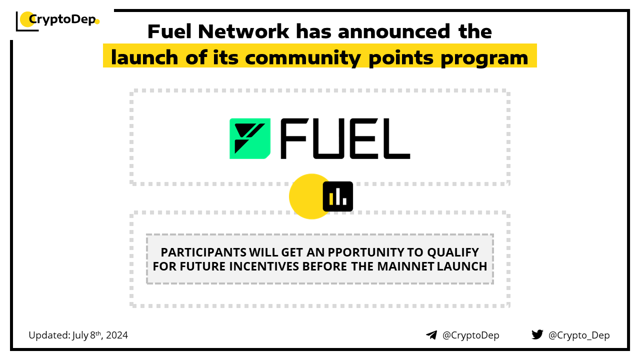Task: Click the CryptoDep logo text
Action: click(x=62, y=19)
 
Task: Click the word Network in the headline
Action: click(x=243, y=31)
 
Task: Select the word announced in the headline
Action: click(x=394, y=31)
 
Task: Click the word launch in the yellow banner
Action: click(x=144, y=57)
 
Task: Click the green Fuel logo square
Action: click(x=250, y=138)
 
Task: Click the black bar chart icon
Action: click(x=337, y=196)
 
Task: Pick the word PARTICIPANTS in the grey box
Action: click(x=203, y=252)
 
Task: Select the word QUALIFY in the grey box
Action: click(x=453, y=252)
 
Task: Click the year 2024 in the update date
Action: click(x=117, y=335)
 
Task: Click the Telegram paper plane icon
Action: click(x=431, y=335)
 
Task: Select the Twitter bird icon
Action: click(x=537, y=334)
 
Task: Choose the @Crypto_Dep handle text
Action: click(x=579, y=335)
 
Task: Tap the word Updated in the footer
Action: click(x=49, y=335)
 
